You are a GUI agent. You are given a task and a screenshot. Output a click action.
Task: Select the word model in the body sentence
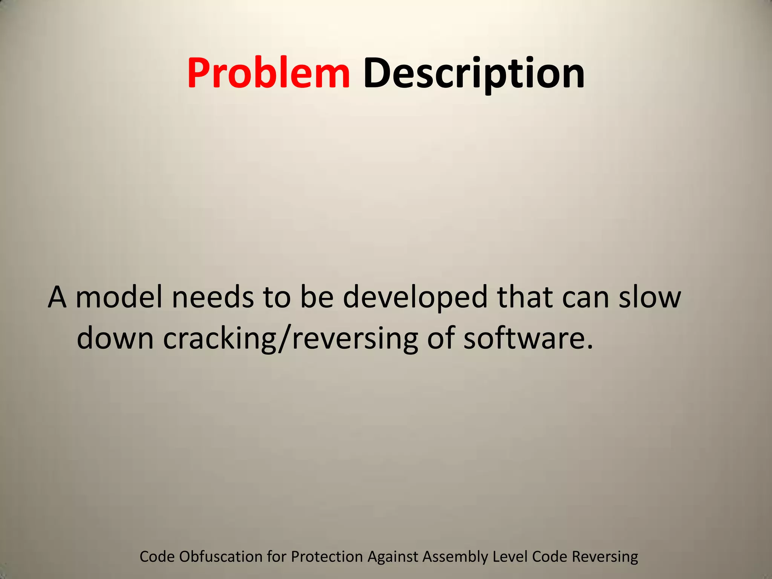tap(119, 297)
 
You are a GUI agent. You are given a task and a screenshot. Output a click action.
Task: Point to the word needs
tap(213, 297)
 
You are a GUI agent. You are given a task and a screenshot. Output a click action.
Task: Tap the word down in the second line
tap(115, 337)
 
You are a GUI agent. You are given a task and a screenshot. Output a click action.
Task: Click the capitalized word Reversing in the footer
tap(605, 557)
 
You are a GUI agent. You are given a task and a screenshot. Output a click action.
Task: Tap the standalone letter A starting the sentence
tap(57, 297)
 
